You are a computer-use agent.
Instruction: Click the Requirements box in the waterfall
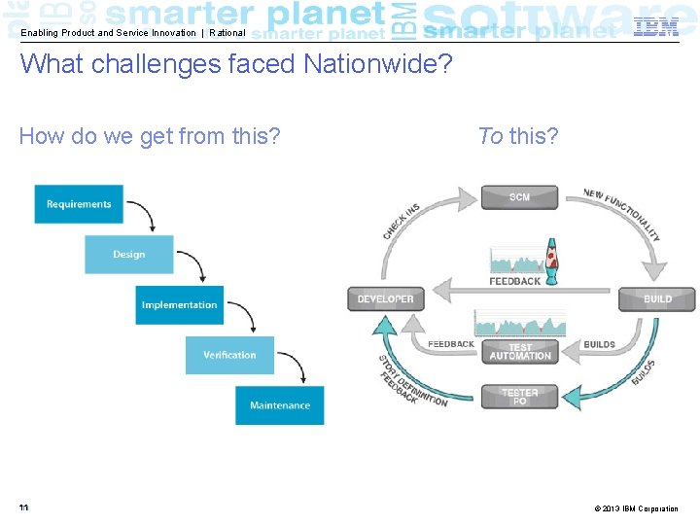(79, 204)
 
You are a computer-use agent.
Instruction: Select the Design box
(128, 255)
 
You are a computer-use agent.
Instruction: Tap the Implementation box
(179, 305)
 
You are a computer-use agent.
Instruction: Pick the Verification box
(229, 355)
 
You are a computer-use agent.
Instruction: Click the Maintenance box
(280, 405)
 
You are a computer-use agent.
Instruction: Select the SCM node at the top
(520, 197)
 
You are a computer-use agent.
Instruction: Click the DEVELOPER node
(386, 298)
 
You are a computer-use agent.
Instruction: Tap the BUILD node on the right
(657, 298)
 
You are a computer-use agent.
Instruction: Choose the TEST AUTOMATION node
(520, 351)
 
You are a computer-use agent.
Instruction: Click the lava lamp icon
(551, 261)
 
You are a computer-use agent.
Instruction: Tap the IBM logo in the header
(656, 28)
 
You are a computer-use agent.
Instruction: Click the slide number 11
(22, 507)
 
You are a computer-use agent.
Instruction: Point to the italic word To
(490, 136)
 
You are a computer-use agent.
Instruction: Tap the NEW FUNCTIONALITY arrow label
(622, 213)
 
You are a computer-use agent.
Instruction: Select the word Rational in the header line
(227, 33)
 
